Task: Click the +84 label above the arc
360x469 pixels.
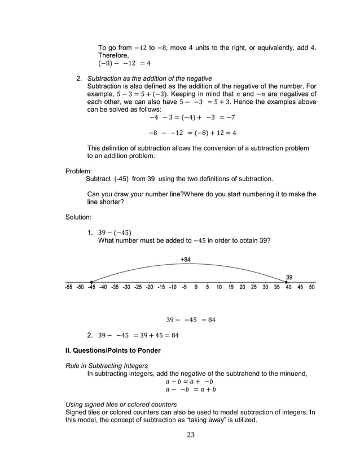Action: pyautogui.click(x=185, y=260)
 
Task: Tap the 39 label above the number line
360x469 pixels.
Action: pyautogui.click(x=289, y=277)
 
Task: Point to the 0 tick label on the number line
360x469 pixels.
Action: pyautogui.click(x=196, y=287)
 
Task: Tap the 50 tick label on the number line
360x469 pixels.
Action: pyautogui.click(x=311, y=287)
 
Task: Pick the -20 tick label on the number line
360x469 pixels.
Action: pyautogui.click(x=149, y=287)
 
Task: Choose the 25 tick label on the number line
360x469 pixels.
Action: pyautogui.click(x=254, y=287)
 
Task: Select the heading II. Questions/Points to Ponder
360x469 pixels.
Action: pyautogui.click(x=113, y=350)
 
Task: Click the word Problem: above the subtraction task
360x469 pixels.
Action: pyautogui.click(x=77, y=170)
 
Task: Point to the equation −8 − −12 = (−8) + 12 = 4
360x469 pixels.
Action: pyautogui.click(x=192, y=133)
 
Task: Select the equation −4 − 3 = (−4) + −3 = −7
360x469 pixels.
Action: pyautogui.click(x=192, y=118)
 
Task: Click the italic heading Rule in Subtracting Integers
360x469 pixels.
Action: pyautogui.click(x=107, y=366)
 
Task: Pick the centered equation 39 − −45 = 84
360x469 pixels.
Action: pyautogui.click(x=191, y=320)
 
